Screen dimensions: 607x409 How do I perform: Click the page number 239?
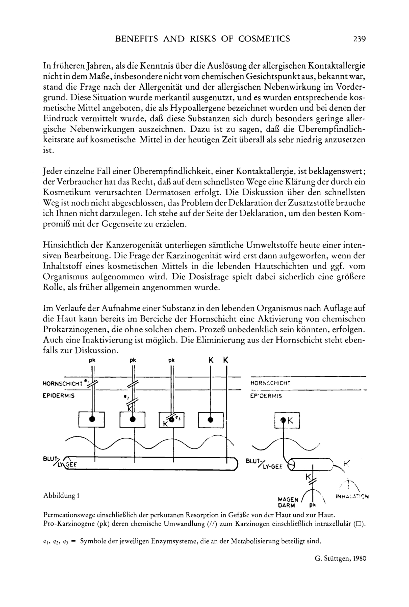pyautogui.click(x=359, y=39)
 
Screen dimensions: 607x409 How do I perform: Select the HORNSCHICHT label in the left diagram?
pyautogui.click(x=63, y=384)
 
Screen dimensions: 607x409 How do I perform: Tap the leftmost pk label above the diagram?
pyautogui.click(x=92, y=361)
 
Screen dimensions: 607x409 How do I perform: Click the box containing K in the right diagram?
pyautogui.click(x=287, y=420)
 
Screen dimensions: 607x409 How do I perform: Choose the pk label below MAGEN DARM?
pyautogui.click(x=313, y=505)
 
